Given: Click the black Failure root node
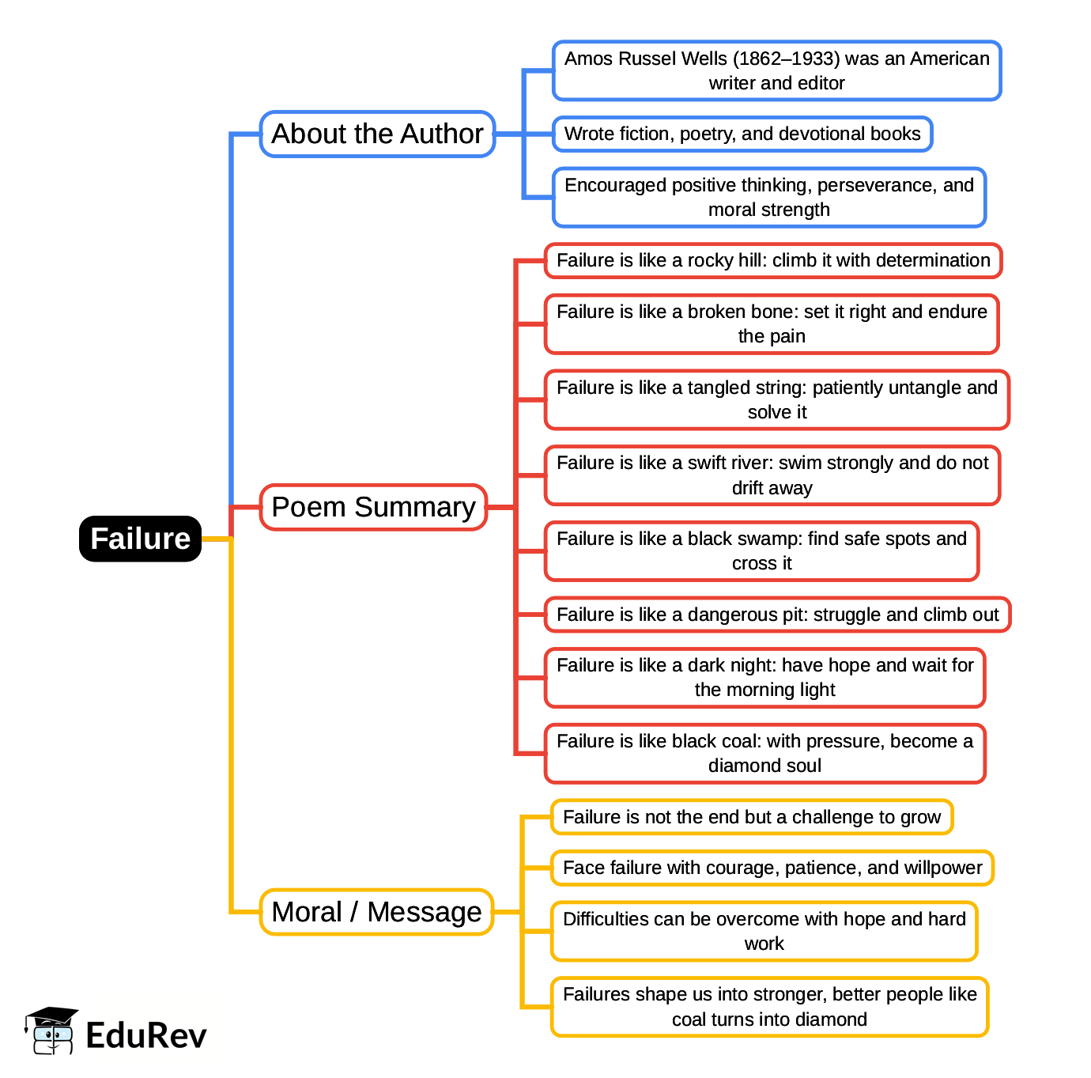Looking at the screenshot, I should [140, 539].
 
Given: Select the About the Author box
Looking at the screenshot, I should [377, 134].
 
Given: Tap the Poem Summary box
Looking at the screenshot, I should [373, 507].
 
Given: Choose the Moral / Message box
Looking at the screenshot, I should [376, 912].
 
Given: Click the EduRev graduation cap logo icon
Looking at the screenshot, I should [51, 1031].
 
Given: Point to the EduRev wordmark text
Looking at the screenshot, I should [146, 1035].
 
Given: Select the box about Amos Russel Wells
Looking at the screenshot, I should [776, 70].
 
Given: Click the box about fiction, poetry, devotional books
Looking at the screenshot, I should [742, 134].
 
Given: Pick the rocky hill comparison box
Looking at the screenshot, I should [772, 260].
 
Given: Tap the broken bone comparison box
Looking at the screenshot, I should [772, 323].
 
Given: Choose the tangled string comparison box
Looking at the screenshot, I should [776, 399].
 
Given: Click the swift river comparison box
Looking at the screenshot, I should [772, 475].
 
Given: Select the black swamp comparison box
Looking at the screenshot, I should [761, 550].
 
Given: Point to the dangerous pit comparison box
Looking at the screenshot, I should [777, 615].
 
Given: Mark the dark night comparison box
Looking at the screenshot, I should [764, 677].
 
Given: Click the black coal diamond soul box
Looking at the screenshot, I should [764, 753].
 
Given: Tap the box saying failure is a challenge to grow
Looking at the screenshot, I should [752, 817].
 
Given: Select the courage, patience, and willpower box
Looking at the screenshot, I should [772, 868].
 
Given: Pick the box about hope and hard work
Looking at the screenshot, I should [764, 931].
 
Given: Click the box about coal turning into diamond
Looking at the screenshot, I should [769, 1007].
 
